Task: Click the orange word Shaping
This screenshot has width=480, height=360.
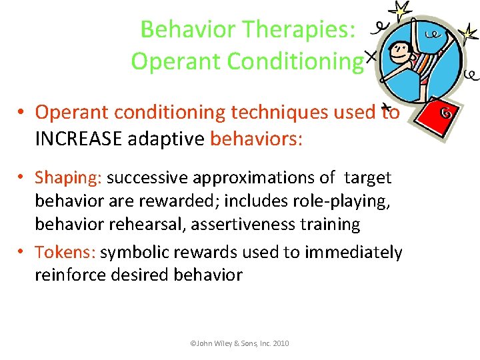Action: pos(68,178)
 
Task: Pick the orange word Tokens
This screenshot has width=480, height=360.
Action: pos(66,252)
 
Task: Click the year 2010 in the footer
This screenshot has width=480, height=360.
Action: pos(278,343)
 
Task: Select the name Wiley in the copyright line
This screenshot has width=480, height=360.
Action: pos(223,343)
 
